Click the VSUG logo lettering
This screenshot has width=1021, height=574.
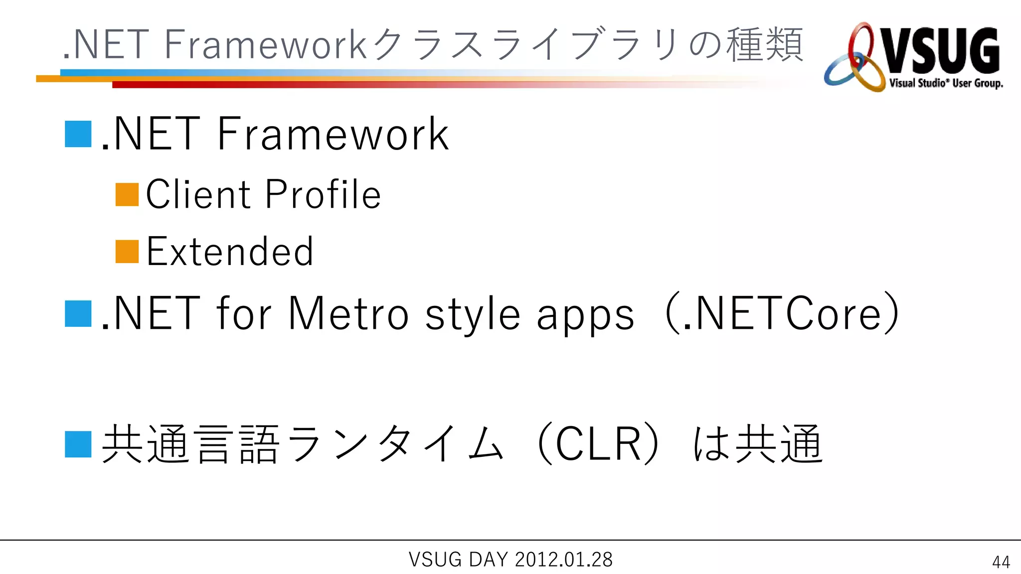(x=940, y=51)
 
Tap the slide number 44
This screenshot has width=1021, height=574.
(x=1001, y=562)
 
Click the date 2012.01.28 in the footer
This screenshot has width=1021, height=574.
(x=563, y=560)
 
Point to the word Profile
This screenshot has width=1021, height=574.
(x=323, y=194)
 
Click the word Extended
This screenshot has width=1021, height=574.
(x=230, y=252)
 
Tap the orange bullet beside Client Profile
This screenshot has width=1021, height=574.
(x=127, y=195)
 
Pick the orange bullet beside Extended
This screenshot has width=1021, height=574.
(x=127, y=252)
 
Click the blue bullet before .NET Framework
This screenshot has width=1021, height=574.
(x=78, y=134)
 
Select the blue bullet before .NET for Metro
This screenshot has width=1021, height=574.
(x=78, y=314)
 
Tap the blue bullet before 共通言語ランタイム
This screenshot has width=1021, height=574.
(x=78, y=444)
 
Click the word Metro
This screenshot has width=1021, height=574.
(x=348, y=314)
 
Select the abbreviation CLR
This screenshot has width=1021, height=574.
(x=598, y=444)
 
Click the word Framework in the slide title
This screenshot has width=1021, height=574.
(x=266, y=45)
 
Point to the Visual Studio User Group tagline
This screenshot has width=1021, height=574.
(x=946, y=83)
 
